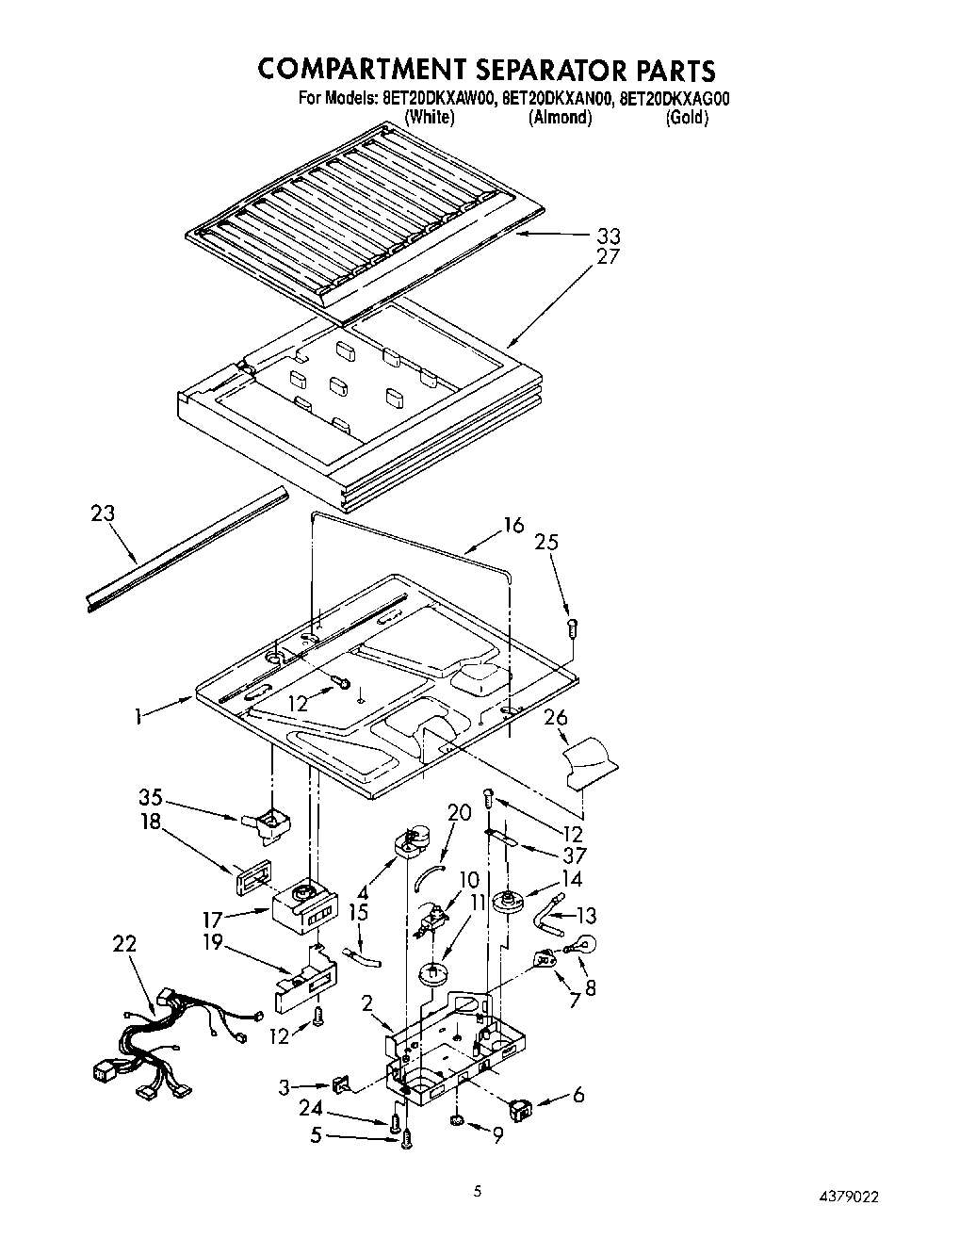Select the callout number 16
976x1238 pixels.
[x=512, y=525]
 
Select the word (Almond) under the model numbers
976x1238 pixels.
[x=561, y=118]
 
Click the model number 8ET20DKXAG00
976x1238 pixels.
[x=675, y=98]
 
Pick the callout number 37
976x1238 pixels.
[x=573, y=855]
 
